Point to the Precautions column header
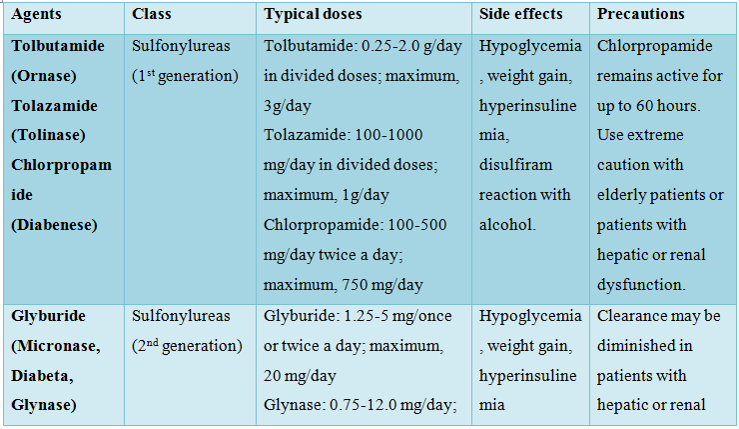pos(640,15)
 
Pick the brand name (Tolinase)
pos(48,135)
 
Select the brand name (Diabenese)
pos(54,225)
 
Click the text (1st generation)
pos(186,76)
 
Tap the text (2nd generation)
pos(187,346)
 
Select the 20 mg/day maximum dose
pos(301,375)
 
